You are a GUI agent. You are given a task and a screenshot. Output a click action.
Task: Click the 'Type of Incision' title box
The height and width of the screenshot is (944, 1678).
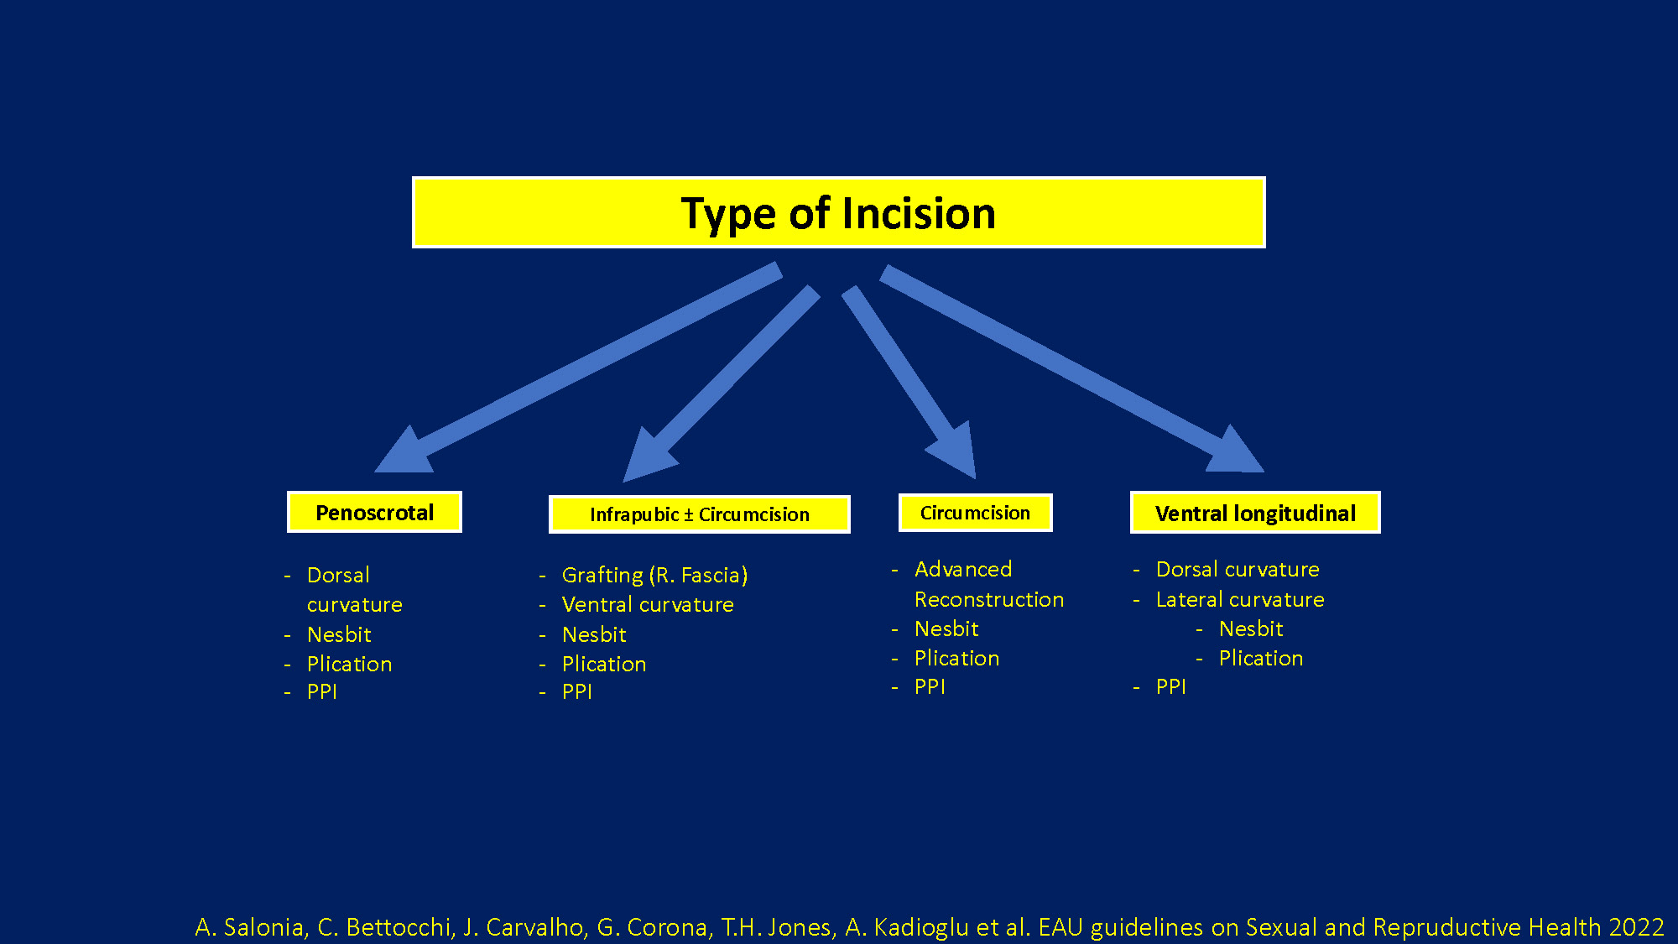[838, 212]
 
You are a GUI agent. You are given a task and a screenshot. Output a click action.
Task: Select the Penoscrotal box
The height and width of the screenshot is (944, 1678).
[374, 512]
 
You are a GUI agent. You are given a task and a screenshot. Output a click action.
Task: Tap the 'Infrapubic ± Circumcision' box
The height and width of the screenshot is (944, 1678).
[699, 514]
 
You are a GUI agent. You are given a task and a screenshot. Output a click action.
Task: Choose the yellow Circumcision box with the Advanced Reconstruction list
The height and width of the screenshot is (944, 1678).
[975, 513]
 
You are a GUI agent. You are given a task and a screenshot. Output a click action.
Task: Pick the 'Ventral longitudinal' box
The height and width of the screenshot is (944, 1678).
[1255, 513]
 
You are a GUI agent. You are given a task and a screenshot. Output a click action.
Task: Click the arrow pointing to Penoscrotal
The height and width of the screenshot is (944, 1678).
[578, 368]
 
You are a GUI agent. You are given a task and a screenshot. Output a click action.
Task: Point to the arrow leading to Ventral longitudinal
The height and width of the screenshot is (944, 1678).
[1072, 368]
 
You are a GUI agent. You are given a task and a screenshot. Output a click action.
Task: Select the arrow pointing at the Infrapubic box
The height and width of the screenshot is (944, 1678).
[722, 383]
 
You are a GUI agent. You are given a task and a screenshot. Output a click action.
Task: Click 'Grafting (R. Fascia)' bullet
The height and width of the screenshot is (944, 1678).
[654, 575]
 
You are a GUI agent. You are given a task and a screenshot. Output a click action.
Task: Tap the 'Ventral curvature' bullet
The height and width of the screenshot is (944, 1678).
[648, 604]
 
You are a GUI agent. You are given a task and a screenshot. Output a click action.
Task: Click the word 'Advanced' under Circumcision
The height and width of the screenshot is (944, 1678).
[963, 569]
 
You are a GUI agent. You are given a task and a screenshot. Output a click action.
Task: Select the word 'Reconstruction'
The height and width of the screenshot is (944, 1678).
[989, 599]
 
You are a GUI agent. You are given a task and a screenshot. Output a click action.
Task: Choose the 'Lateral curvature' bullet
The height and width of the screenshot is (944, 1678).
[1240, 599]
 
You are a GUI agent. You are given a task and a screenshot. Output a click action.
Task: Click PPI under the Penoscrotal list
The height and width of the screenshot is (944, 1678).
[322, 691]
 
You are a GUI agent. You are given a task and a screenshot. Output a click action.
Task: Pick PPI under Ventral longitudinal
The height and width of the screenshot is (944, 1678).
[1171, 686]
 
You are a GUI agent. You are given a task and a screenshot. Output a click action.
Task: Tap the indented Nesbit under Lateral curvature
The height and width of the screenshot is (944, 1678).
[1251, 628]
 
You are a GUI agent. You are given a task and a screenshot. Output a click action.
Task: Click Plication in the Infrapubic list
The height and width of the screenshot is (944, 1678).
[604, 664]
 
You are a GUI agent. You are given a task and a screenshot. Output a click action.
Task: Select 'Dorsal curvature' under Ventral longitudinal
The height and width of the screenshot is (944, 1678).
[1238, 569]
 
